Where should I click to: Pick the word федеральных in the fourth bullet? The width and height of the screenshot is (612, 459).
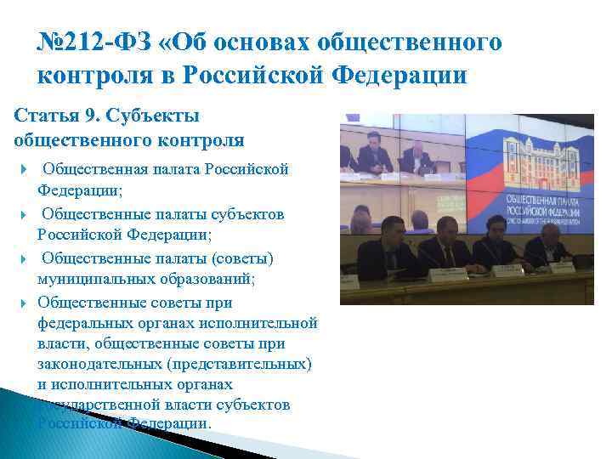pos(90,324)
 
